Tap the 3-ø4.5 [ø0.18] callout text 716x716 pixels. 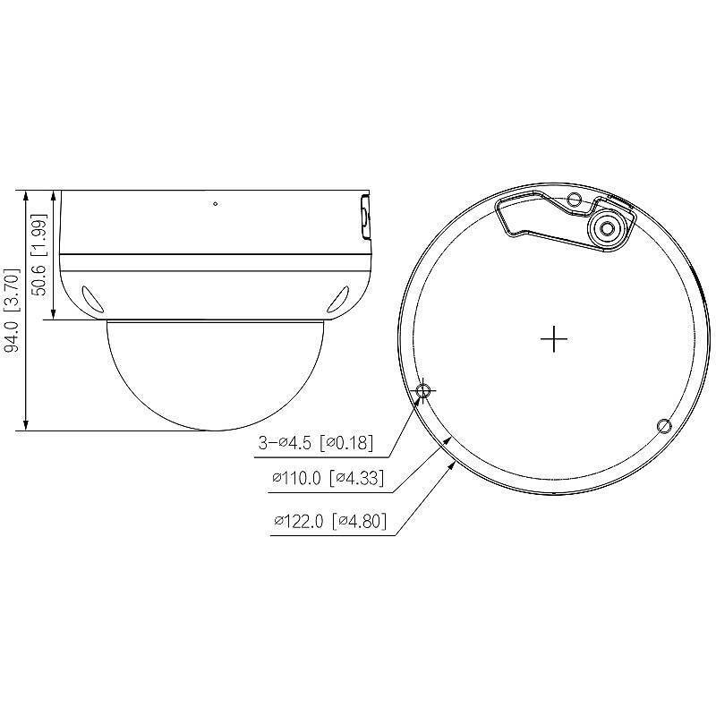pyautogui.click(x=315, y=442)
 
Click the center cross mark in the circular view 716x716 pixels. pyautogui.click(x=555, y=339)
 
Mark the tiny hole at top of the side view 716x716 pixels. pyautogui.click(x=215, y=202)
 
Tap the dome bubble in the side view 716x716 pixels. pyautogui.click(x=215, y=376)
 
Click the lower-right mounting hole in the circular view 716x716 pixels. pyautogui.click(x=663, y=424)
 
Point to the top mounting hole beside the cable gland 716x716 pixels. pyautogui.click(x=575, y=198)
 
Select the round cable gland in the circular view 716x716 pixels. pyautogui.click(x=607, y=228)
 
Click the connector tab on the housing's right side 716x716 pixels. pyautogui.click(x=364, y=217)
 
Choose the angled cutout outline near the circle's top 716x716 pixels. pyautogui.click(x=537, y=215)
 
